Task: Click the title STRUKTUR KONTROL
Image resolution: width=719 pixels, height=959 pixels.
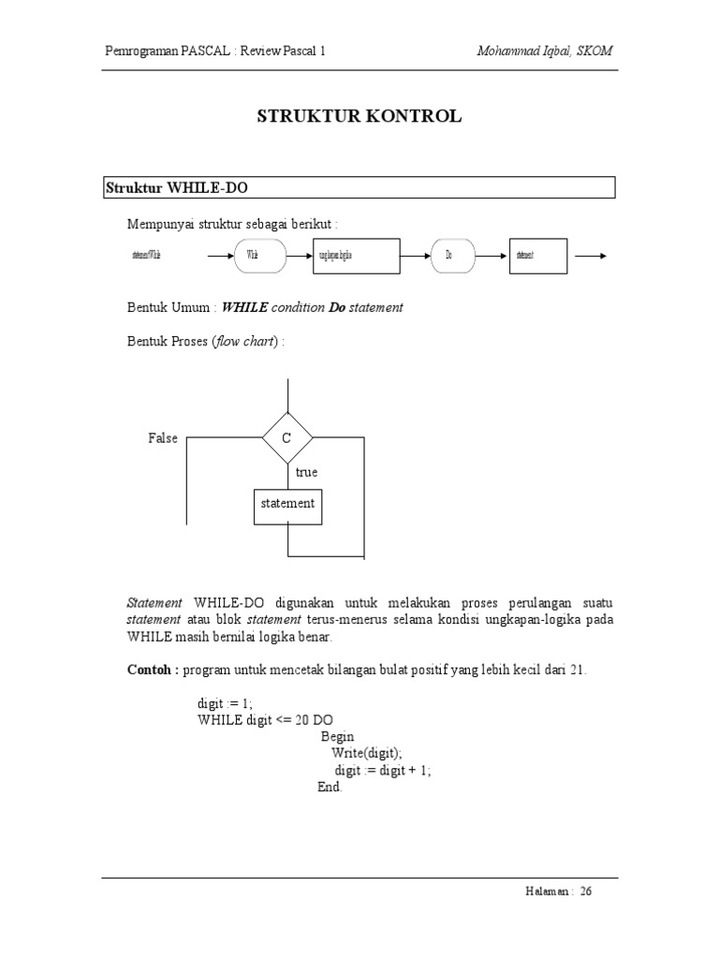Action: [x=359, y=117]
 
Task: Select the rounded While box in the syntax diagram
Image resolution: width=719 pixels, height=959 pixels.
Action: [x=259, y=255]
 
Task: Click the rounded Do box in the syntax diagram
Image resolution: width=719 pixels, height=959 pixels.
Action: [x=453, y=255]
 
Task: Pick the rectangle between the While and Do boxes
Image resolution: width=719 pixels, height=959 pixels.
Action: [x=355, y=255]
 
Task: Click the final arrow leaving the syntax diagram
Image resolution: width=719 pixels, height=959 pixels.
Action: [x=592, y=255]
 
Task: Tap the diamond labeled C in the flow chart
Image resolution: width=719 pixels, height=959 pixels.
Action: [x=287, y=437]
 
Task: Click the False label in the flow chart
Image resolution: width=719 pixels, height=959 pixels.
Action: [x=162, y=438]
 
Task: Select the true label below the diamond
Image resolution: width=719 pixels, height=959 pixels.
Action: [x=306, y=473]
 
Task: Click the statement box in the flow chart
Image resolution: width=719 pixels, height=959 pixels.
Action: [x=287, y=504]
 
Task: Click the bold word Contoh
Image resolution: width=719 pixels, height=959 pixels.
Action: [x=153, y=671]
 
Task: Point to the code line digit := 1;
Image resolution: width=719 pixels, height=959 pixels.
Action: [x=225, y=702]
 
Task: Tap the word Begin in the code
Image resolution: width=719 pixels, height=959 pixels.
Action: [x=337, y=736]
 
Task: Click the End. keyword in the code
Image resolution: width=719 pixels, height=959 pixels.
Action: [x=330, y=787]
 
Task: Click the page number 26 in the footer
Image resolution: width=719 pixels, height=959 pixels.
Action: [x=586, y=892]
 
